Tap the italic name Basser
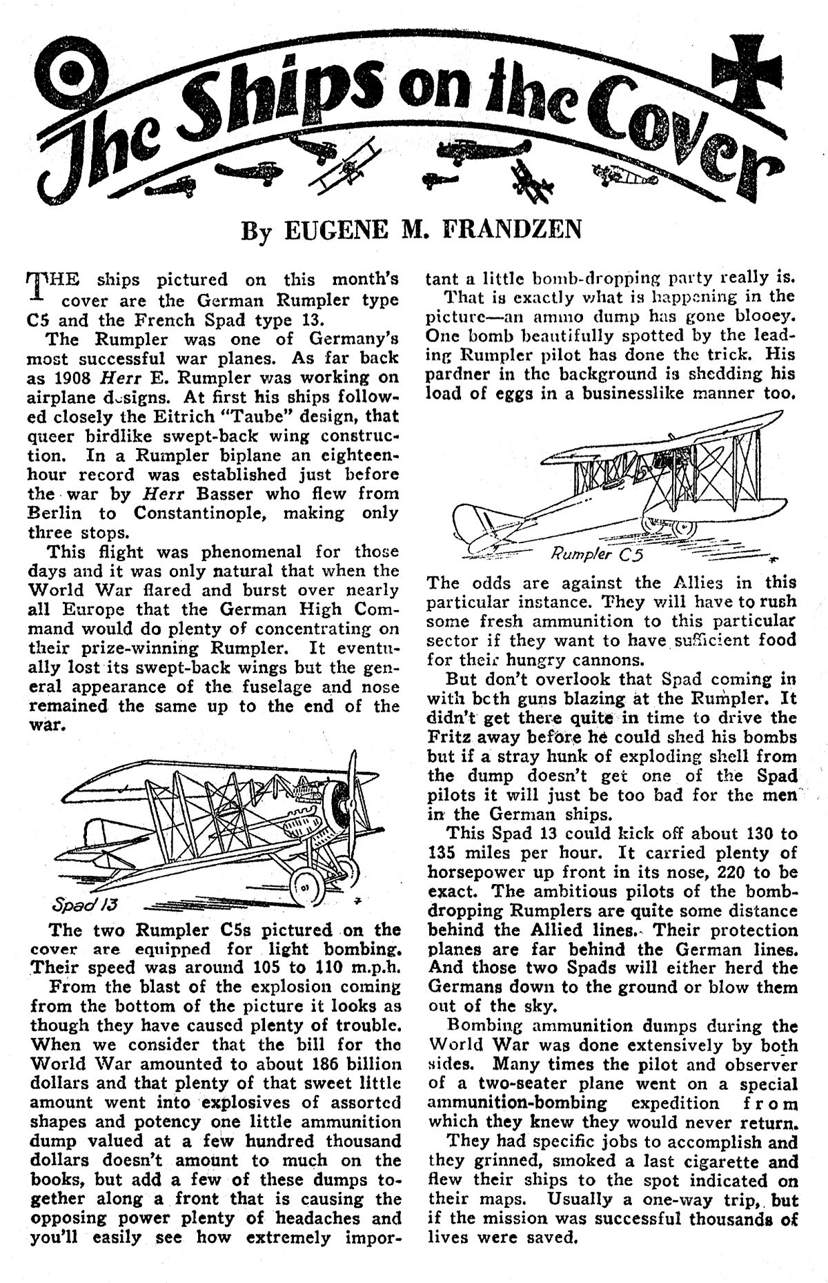click(224, 493)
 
